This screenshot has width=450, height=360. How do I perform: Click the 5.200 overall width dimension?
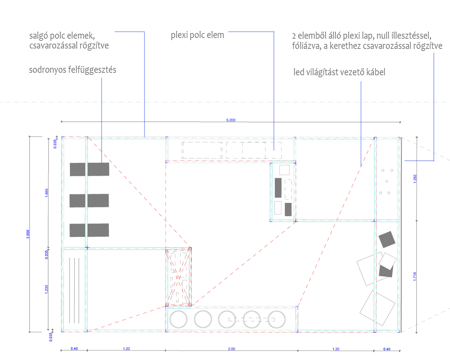(x=231, y=120)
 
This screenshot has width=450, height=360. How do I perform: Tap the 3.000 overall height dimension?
(x=28, y=234)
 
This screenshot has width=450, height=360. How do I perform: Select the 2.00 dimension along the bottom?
(x=231, y=349)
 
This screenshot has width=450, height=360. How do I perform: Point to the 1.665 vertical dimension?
(x=47, y=193)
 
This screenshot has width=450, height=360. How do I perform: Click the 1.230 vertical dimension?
(x=46, y=289)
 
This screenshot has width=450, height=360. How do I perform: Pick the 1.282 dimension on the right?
(x=415, y=179)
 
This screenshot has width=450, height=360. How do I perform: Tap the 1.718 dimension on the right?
(x=414, y=277)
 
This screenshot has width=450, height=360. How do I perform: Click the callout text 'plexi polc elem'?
(x=197, y=35)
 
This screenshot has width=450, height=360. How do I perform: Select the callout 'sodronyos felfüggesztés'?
(x=72, y=70)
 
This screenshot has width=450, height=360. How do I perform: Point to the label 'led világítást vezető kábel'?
(x=339, y=72)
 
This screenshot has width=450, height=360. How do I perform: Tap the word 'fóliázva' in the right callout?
(x=307, y=46)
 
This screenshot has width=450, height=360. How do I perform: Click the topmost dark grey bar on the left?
(x=90, y=169)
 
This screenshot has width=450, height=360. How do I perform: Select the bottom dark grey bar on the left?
(x=89, y=230)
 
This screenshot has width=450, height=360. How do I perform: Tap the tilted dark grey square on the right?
(x=387, y=239)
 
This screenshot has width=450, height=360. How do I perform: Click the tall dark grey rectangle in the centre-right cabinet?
(x=278, y=188)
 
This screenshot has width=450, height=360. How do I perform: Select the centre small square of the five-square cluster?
(x=387, y=181)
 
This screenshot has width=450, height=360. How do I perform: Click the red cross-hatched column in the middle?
(x=178, y=277)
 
